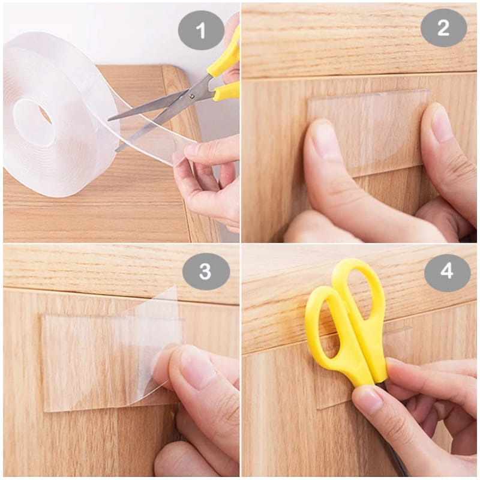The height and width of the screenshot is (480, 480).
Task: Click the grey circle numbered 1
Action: [201, 30]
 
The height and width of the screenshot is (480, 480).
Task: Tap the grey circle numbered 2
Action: [443, 28]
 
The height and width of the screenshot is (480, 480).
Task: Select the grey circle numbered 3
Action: [206, 271]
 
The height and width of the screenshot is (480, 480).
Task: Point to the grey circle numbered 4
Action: [447, 271]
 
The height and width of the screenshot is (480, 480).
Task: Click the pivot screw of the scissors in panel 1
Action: [192, 97]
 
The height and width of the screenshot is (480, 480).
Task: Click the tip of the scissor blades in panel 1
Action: [109, 120]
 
